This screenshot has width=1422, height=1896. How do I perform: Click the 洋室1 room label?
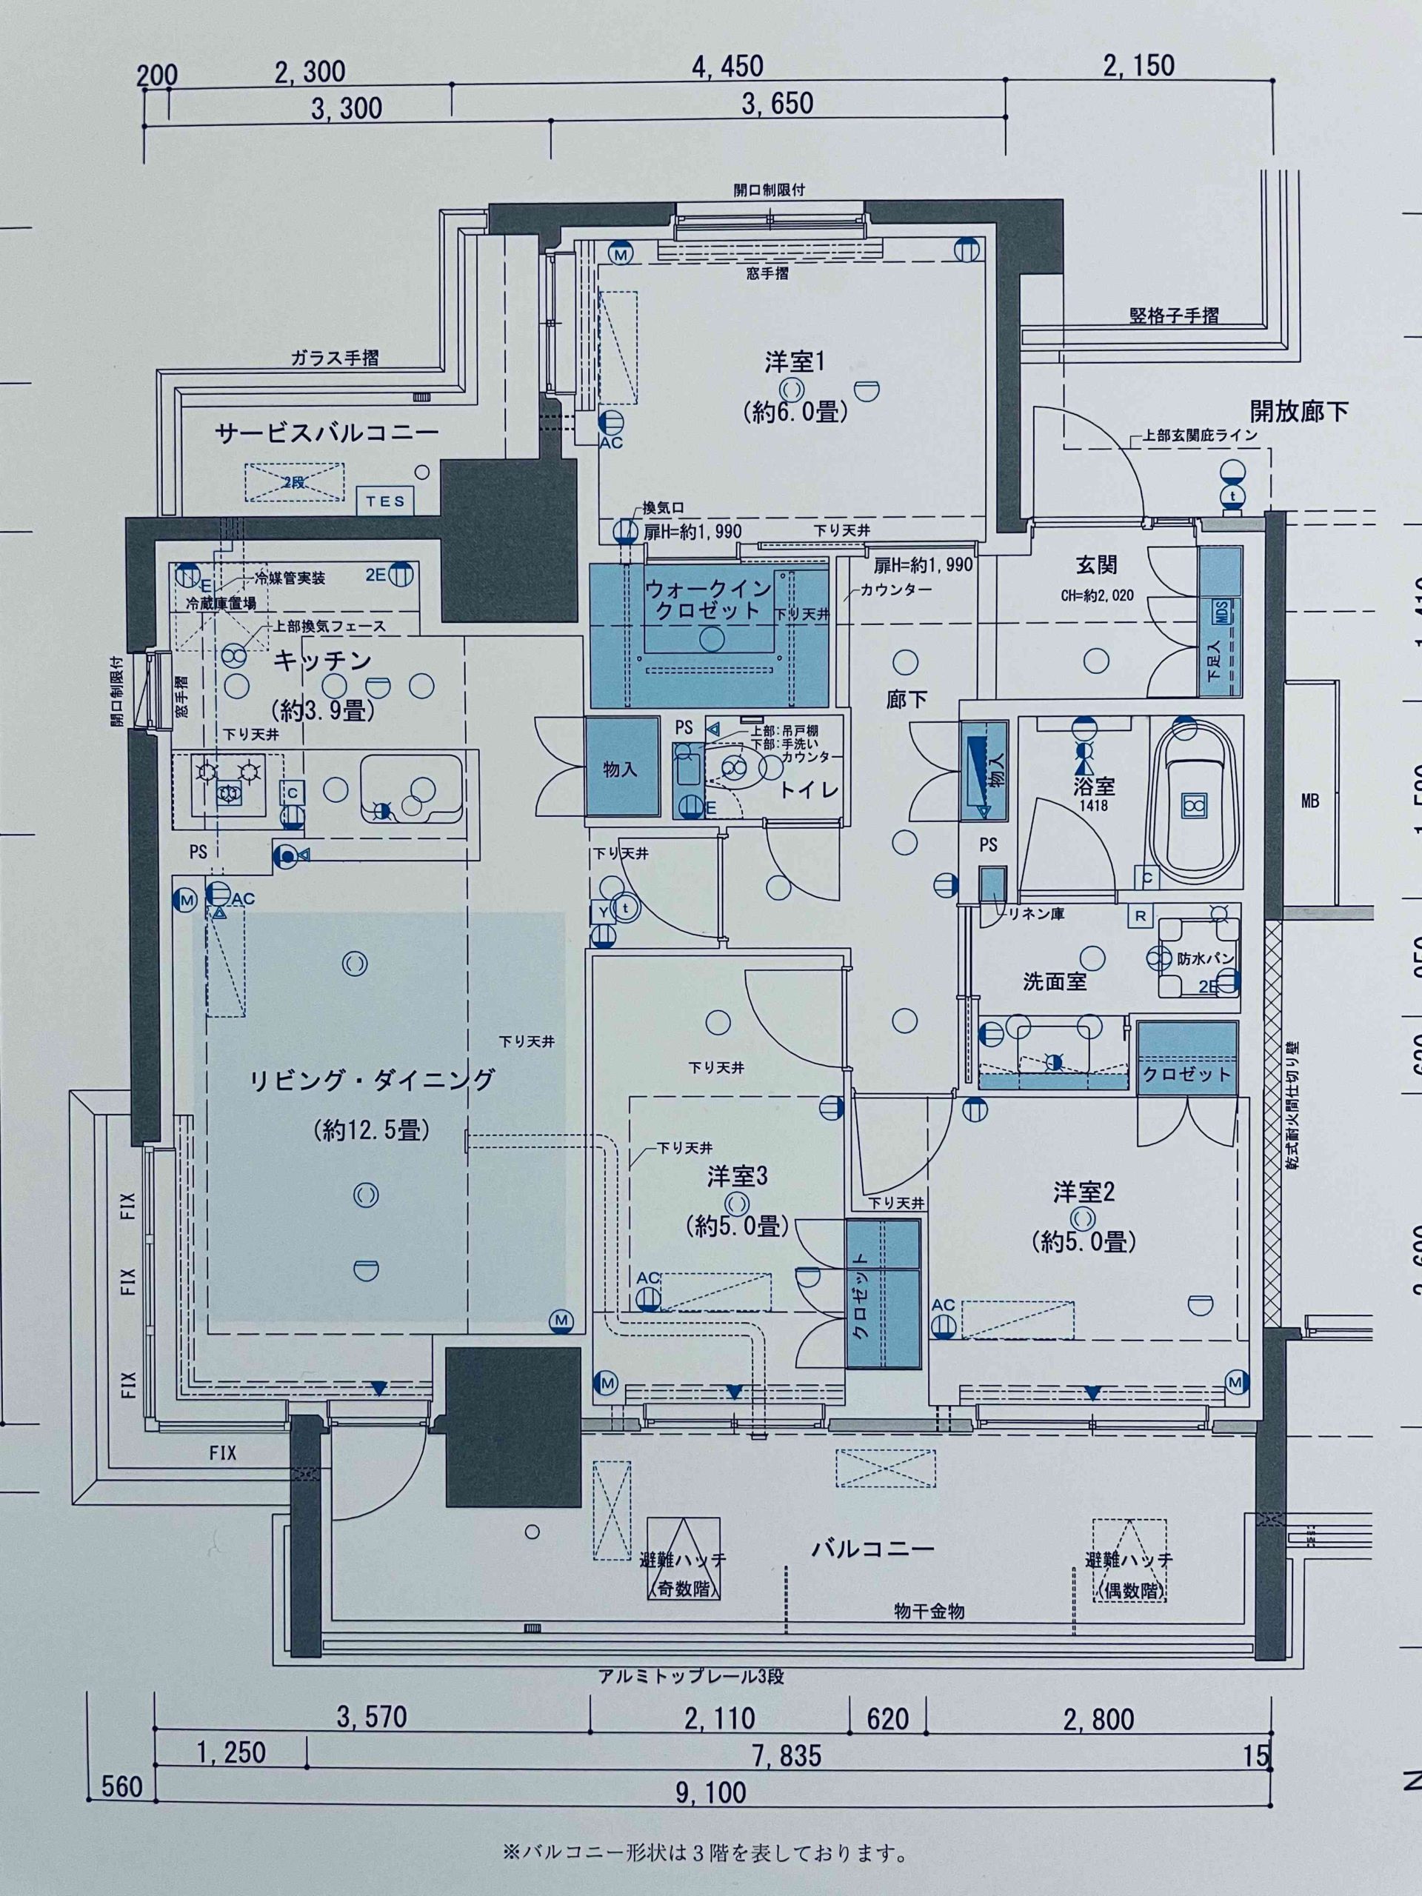tap(795, 363)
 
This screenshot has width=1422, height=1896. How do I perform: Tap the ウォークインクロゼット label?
tap(707, 599)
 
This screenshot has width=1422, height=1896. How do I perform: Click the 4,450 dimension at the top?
tap(728, 66)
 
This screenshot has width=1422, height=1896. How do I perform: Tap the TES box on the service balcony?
tap(386, 501)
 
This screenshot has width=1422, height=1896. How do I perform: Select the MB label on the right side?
tap(1309, 801)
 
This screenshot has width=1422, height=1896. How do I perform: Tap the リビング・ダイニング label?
tap(371, 1079)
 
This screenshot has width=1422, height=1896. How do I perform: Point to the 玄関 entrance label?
tap(1096, 565)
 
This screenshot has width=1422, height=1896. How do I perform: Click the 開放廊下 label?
tap(1298, 412)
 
